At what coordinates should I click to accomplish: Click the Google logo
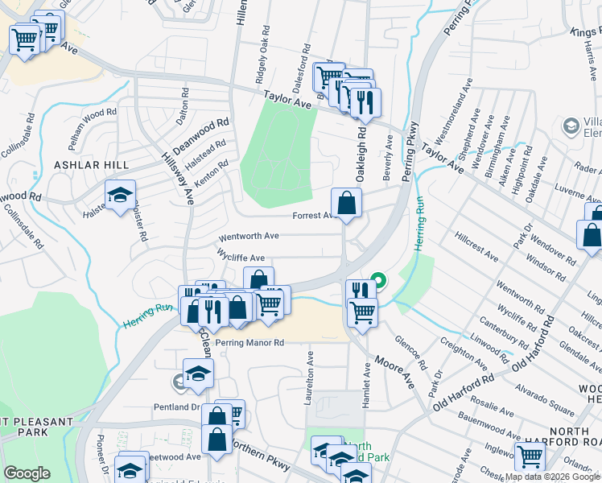[27, 473]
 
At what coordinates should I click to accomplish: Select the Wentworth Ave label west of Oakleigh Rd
[249, 237]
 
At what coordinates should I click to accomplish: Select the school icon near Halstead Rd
[120, 195]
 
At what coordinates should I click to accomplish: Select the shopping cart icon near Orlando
[530, 456]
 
